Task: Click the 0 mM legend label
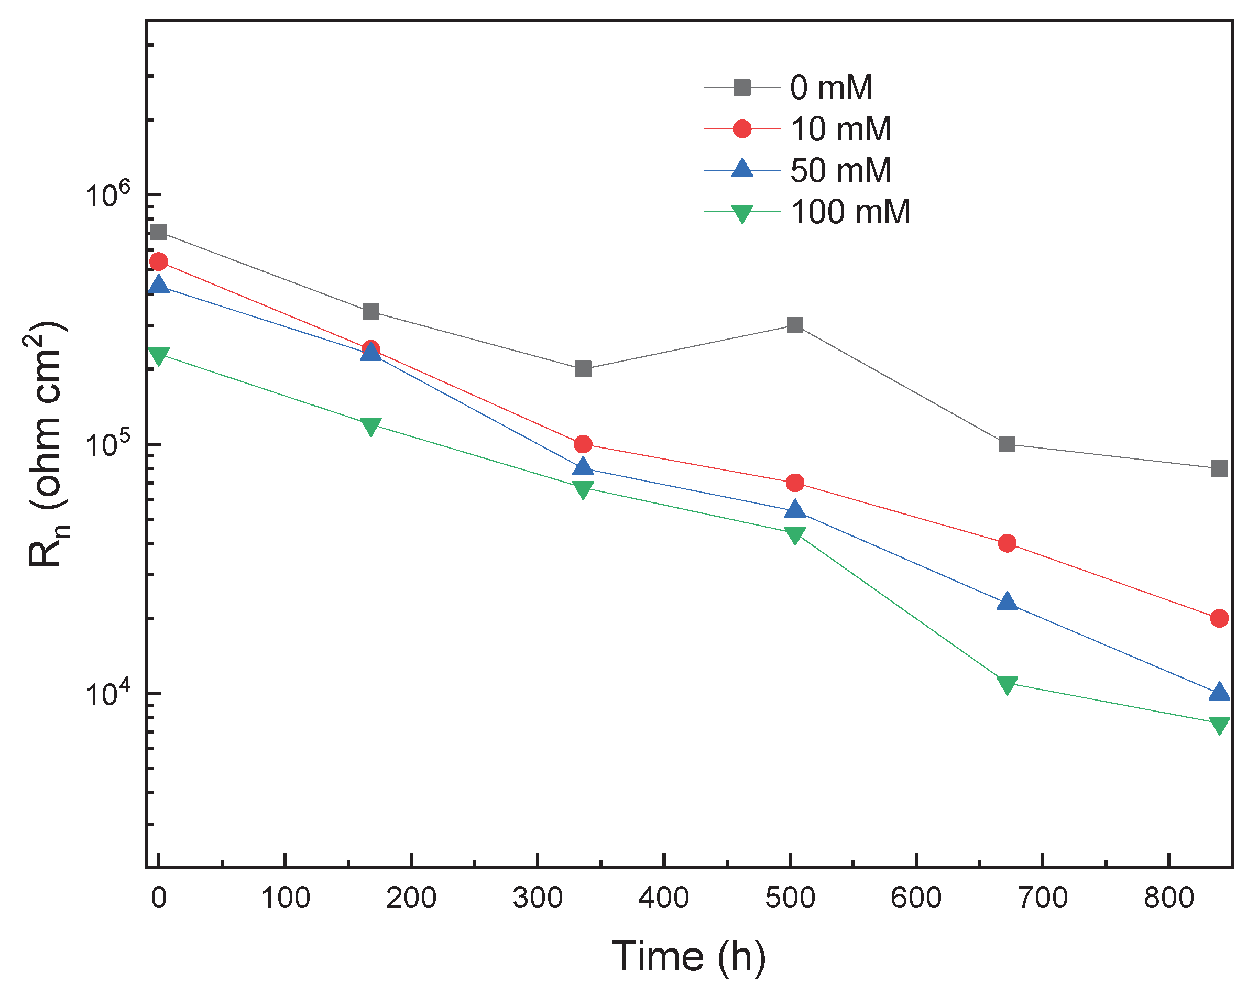(x=831, y=88)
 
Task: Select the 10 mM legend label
(x=840, y=129)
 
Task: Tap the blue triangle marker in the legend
(x=742, y=169)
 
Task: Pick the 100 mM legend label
(x=850, y=212)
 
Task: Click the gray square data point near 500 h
(x=795, y=324)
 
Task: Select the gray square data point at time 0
(x=158, y=232)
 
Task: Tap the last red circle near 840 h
(x=1219, y=618)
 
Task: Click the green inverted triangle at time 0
(x=158, y=355)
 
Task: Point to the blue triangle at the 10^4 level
(x=1219, y=692)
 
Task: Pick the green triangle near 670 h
(x=1007, y=684)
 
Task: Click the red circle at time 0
(x=158, y=261)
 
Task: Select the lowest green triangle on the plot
(x=1219, y=725)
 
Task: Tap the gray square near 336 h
(x=583, y=369)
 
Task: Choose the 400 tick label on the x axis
(x=663, y=898)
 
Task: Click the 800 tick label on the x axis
(x=1168, y=898)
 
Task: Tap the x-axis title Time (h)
(x=688, y=957)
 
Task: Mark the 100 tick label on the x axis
(x=285, y=898)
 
